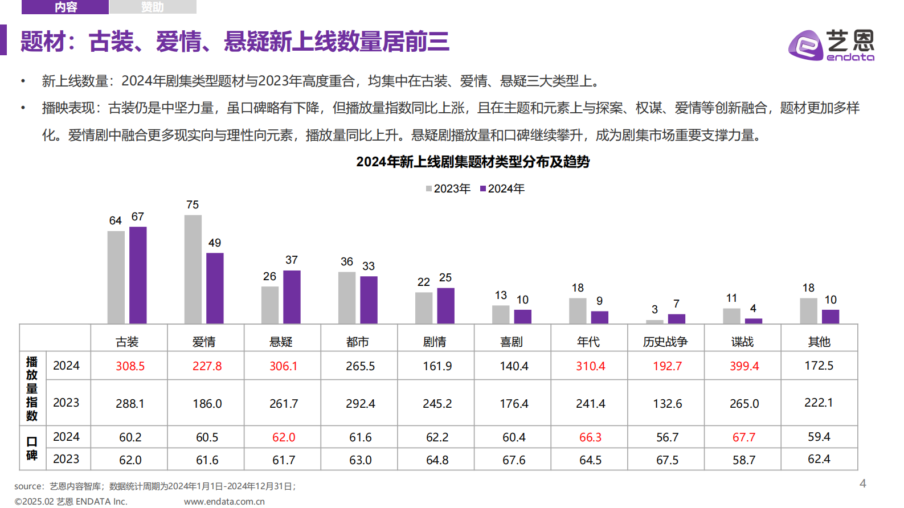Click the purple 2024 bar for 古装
[x=138, y=275]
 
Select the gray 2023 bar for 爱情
[x=193, y=269]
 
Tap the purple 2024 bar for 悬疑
[x=292, y=297]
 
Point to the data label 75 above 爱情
[x=193, y=204]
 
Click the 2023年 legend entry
[x=448, y=189]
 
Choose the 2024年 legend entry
[x=502, y=189]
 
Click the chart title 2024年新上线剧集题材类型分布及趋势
[x=473, y=162]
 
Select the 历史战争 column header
[x=665, y=342]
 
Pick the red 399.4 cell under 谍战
[x=744, y=366]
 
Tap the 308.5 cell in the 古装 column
[x=130, y=366]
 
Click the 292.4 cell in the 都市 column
[x=360, y=404]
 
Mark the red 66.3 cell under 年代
[x=590, y=437]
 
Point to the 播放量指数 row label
[x=32, y=388]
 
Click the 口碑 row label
[x=32, y=448]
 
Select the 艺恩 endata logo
[x=831, y=45]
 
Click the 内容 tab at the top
[x=65, y=7]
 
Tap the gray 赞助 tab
[x=152, y=7]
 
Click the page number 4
[x=862, y=484]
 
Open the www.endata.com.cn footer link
[x=224, y=501]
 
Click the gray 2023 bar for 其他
[x=808, y=311]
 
